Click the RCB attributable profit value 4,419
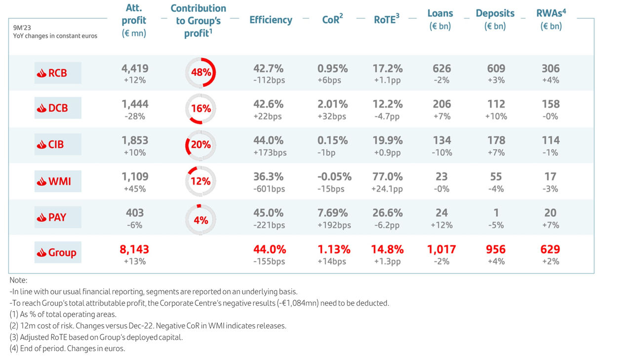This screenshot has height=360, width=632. click(135, 69)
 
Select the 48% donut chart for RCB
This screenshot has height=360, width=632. click(201, 72)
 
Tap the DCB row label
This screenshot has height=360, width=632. click(58, 108)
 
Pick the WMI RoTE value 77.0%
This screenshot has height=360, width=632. click(388, 177)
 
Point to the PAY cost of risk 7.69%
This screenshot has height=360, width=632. click(333, 213)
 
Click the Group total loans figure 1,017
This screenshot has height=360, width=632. click(441, 249)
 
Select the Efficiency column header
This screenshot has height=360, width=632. click(271, 20)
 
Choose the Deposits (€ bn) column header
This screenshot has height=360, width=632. click(495, 19)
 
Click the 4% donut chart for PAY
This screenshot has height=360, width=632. click(201, 219)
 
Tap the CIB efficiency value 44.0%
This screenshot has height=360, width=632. click(269, 140)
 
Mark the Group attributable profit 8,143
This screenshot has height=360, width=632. click(134, 249)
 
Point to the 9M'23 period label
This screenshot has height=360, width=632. click(22, 28)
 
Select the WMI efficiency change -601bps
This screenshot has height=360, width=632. click(269, 189)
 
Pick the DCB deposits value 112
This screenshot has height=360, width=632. click(496, 104)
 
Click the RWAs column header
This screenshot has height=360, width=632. click(551, 19)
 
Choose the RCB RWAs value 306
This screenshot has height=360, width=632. click(551, 69)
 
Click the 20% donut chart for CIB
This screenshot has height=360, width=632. click(201, 145)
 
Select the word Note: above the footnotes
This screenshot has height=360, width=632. click(18, 280)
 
